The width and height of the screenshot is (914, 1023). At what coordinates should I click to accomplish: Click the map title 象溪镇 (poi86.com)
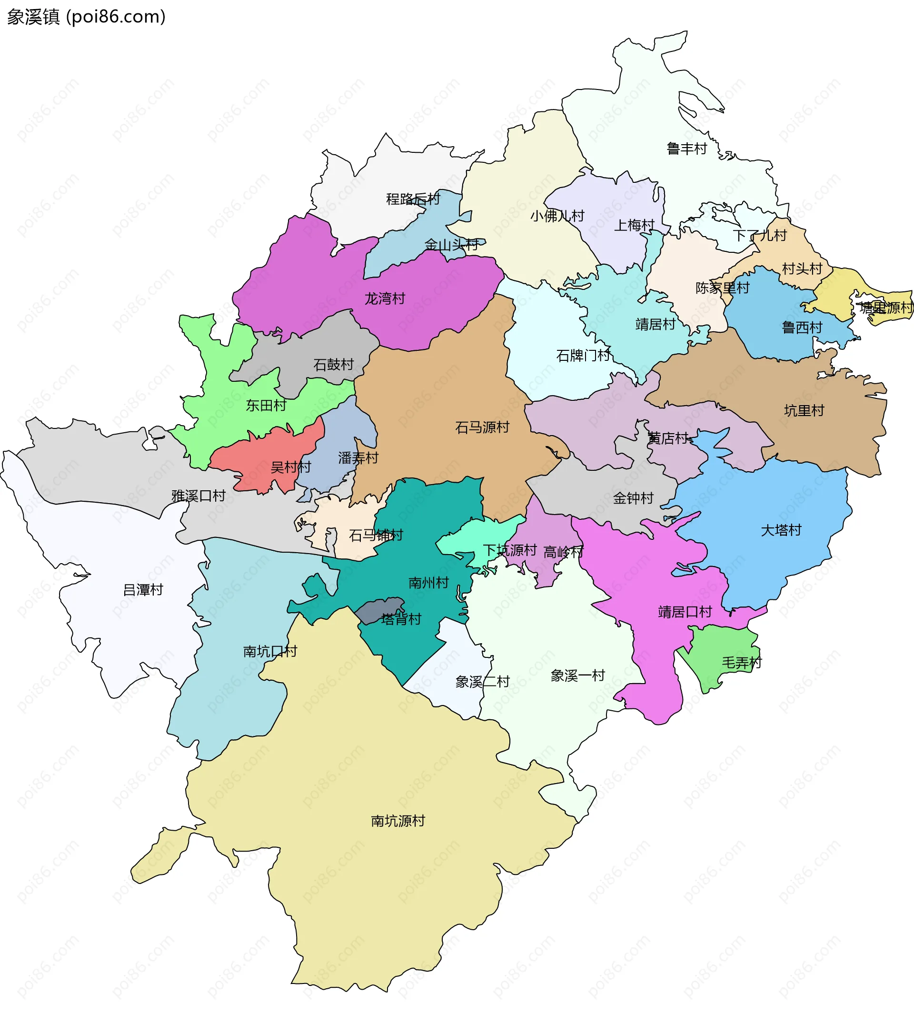pos(86,17)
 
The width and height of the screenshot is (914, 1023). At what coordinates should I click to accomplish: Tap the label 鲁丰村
pos(686,149)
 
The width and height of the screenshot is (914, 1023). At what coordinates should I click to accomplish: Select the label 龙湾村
pos(385,299)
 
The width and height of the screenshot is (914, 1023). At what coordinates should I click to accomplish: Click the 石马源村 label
pos(482,427)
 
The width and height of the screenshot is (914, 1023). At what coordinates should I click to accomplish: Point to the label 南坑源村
pos(398,821)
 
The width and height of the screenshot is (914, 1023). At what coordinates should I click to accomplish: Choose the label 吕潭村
pos(143,590)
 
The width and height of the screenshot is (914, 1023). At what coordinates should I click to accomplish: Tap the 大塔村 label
pos(781,530)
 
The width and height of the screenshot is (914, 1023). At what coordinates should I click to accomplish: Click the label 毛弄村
pos(741,663)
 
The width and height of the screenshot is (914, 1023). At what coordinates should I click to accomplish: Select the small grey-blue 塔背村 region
pos(379,609)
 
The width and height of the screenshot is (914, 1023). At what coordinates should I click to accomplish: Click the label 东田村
pos(266,405)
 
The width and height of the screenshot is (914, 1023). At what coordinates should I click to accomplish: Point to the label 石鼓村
pos(333,365)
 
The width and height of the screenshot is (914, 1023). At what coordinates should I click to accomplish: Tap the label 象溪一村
pos(577,675)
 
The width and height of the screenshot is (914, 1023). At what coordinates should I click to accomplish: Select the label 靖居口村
pos(685,612)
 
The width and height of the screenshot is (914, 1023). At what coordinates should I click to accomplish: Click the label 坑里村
pos(804,411)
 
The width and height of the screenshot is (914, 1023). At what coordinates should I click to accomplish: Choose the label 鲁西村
pos(802,328)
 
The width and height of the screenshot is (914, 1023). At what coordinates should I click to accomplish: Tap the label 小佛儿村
pos(557,216)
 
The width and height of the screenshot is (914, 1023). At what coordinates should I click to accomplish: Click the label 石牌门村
pos(583,356)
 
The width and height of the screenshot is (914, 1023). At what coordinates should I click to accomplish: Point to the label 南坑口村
pos(270,651)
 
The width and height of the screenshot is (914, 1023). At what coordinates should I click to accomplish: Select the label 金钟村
pos(633,498)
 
